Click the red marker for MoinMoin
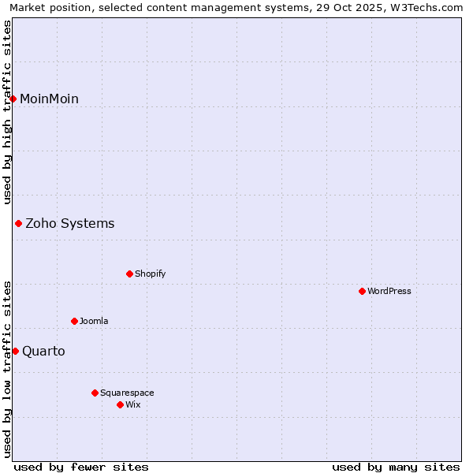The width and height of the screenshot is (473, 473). tap(13, 99)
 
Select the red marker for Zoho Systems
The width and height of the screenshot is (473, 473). tap(18, 224)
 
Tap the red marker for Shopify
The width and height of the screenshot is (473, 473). tap(130, 274)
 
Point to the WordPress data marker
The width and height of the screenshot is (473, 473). tap(362, 291)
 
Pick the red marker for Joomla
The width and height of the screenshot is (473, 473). tap(75, 321)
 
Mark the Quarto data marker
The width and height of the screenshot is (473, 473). tap(15, 351)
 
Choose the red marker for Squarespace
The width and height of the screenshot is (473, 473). tap(95, 393)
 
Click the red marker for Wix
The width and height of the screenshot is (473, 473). tap(120, 404)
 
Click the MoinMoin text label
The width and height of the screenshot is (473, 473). tap(49, 99)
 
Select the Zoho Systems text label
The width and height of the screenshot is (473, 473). tap(70, 224)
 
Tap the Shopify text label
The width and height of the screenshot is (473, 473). tap(150, 274)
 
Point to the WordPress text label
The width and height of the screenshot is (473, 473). tap(389, 291)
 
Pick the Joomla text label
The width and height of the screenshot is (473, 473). tap(94, 321)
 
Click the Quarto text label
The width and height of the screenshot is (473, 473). tap(43, 351)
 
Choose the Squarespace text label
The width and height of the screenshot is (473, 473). tap(127, 393)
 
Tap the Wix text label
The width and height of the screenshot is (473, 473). tap(132, 404)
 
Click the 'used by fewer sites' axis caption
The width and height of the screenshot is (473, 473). tap(81, 467)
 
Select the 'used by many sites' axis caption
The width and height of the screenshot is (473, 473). tap(396, 467)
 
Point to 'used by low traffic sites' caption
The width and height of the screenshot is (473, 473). tap(8, 369)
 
